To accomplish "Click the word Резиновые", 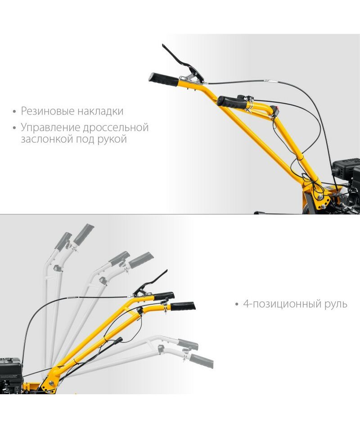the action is pos(47,111).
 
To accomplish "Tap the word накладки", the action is pos(100,111).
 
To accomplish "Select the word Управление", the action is pos(50,128).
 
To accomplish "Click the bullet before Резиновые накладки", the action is pos(14,112).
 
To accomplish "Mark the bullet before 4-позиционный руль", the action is pos(237,305).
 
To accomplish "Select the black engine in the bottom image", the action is pos(11,375).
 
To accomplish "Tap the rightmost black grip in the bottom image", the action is pos(183,306).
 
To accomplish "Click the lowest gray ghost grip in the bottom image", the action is pos(201,362).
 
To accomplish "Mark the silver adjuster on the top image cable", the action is pos(270,81).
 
